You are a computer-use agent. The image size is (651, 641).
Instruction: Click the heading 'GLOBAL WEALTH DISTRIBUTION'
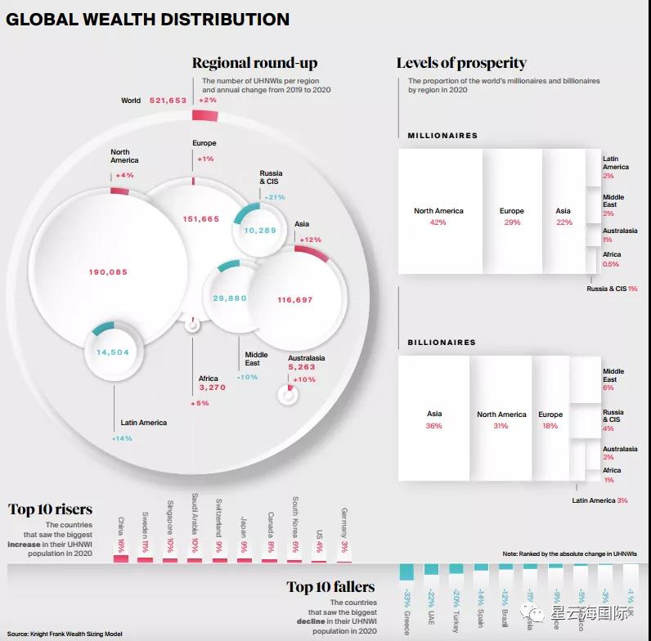pyautogui.click(x=148, y=19)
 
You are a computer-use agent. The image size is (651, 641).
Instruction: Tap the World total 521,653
pyautogui.click(x=170, y=101)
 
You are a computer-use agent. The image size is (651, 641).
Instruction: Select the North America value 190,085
pyautogui.click(x=108, y=271)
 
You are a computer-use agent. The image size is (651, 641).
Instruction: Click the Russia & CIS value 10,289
pyautogui.click(x=260, y=231)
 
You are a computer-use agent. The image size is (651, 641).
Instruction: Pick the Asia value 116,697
pyautogui.click(x=295, y=300)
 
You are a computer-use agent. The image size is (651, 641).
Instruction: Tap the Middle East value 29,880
pyautogui.click(x=230, y=298)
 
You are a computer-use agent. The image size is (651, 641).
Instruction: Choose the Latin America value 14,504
pyautogui.click(x=113, y=352)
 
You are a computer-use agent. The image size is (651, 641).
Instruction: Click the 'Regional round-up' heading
pyautogui.click(x=254, y=63)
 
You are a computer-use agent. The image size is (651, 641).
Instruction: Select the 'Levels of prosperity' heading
pyautogui.click(x=461, y=63)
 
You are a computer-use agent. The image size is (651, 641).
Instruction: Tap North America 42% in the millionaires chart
pyautogui.click(x=438, y=216)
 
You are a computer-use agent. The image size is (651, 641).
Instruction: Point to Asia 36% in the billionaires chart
pyautogui.click(x=434, y=419)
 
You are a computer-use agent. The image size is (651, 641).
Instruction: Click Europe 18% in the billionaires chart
pyautogui.click(x=550, y=419)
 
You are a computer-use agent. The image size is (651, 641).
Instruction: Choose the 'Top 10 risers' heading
pyautogui.click(x=51, y=509)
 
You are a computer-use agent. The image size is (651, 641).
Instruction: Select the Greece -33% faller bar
pyautogui.click(x=406, y=572)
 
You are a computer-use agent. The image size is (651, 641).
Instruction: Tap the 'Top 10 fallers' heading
pyautogui.click(x=330, y=586)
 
